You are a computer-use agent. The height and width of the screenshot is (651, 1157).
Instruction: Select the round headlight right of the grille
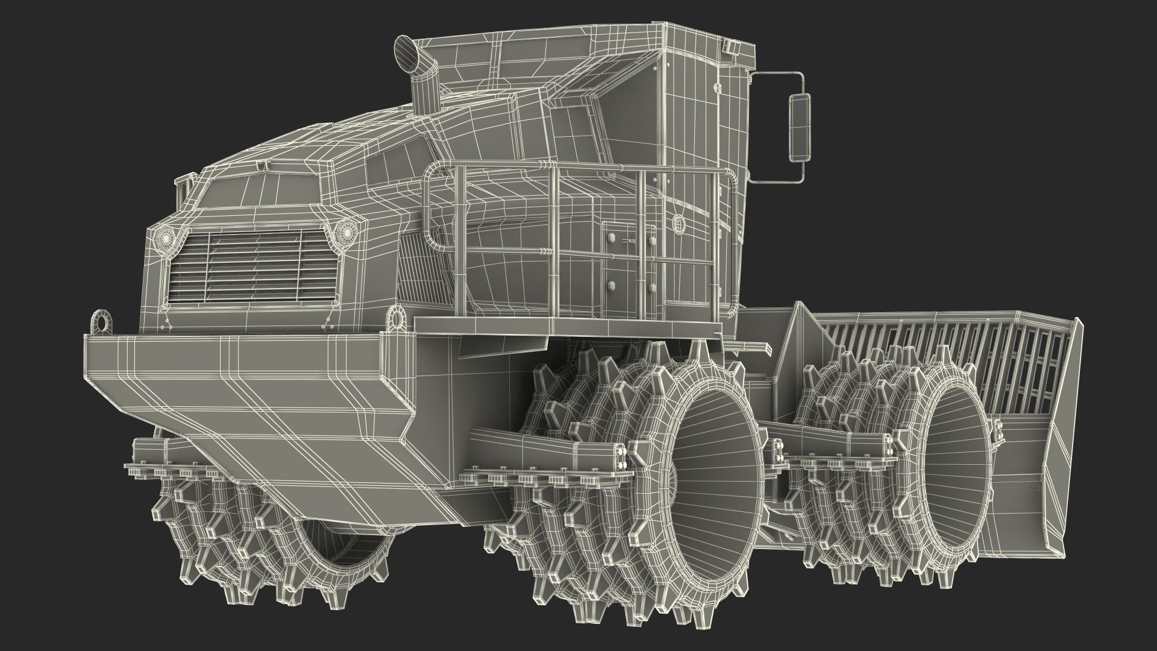tap(346, 230)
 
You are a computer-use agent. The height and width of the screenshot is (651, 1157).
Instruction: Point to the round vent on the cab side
tap(680, 224)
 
